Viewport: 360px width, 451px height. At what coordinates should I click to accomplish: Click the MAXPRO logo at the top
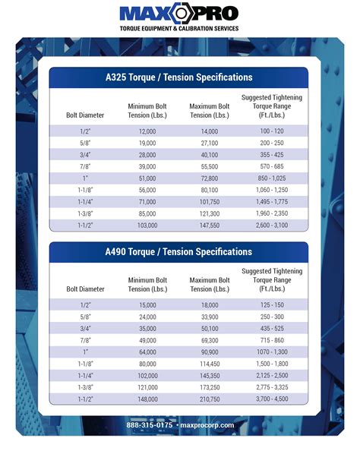pyautogui.click(x=179, y=14)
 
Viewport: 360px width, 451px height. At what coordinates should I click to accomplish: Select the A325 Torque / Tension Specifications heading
pyautogui.click(x=179, y=77)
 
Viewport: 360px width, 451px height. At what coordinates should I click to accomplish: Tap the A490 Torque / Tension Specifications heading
pyautogui.click(x=179, y=252)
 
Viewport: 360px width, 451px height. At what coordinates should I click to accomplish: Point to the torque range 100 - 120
pyautogui.click(x=271, y=131)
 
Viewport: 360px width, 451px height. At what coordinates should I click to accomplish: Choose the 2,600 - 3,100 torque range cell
pyautogui.click(x=271, y=225)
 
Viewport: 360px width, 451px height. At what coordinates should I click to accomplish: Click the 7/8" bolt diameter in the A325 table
pyautogui.click(x=85, y=166)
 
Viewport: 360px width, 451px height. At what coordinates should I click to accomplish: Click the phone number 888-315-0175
pyautogui.click(x=150, y=425)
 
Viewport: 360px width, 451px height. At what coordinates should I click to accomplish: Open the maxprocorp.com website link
pyautogui.click(x=207, y=425)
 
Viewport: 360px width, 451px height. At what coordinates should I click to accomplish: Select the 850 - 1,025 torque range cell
pyautogui.click(x=271, y=178)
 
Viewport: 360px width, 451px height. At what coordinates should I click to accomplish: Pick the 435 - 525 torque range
pyautogui.click(x=271, y=330)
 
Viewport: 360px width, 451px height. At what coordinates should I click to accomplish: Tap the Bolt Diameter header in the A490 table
pyautogui.click(x=85, y=289)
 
